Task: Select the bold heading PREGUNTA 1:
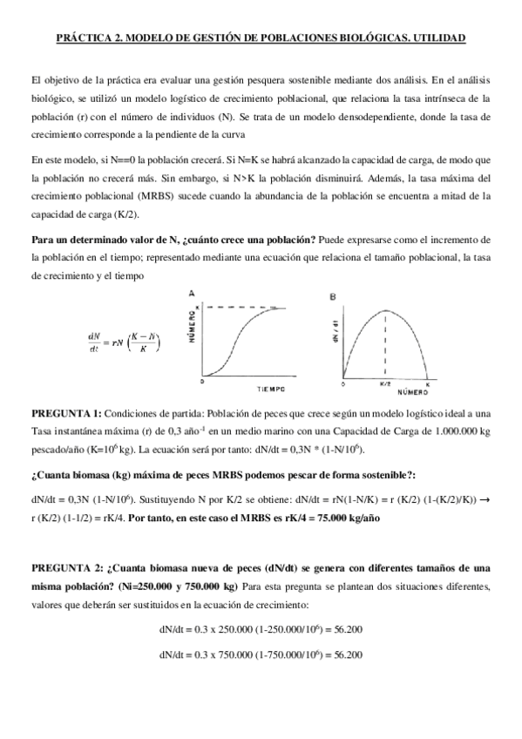pyautogui.click(x=66, y=414)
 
